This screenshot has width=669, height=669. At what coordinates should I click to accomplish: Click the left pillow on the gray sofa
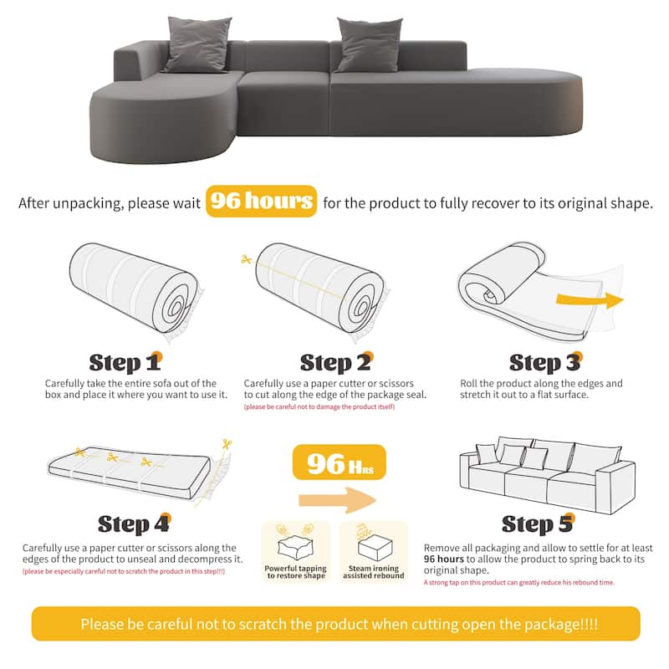tap(197, 43)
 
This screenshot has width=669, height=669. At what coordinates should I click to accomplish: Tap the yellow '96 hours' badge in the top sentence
tap(261, 202)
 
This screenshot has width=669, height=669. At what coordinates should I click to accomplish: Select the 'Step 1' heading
tap(125, 362)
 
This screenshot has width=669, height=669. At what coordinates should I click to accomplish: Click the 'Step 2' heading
tap(336, 362)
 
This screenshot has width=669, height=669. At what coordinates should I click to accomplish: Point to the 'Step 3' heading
tap(545, 362)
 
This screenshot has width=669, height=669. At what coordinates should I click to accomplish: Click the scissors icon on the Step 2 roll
tap(246, 260)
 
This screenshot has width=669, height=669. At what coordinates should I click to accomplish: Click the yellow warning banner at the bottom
tap(334, 625)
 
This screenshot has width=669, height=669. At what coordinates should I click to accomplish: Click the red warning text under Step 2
tap(319, 407)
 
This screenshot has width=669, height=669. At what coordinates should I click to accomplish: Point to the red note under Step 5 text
tap(518, 581)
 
